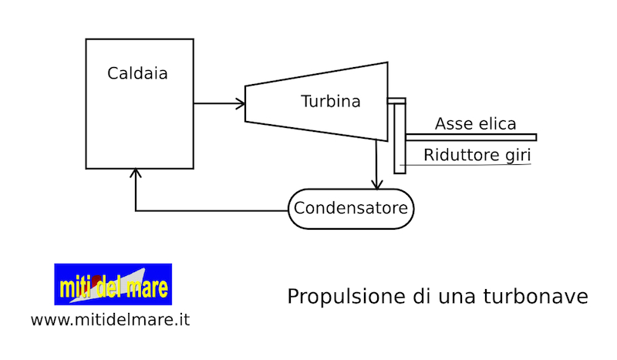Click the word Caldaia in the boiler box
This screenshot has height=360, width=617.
pos(138,74)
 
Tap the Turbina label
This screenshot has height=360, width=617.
pos(330,102)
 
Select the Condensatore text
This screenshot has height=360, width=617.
pos(351,208)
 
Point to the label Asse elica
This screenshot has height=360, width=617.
pos(475,124)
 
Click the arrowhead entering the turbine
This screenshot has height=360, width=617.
pos(240,103)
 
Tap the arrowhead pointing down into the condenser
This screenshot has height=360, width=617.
pos(376,184)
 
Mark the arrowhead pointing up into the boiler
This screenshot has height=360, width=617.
pos(136,173)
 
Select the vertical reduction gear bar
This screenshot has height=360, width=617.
pos(399,139)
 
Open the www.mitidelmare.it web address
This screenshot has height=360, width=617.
pos(110,319)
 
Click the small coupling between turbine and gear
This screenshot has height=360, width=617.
pos(396,100)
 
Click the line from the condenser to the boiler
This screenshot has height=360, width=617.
pos(208,210)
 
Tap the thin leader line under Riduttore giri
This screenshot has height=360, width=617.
pos(463,165)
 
